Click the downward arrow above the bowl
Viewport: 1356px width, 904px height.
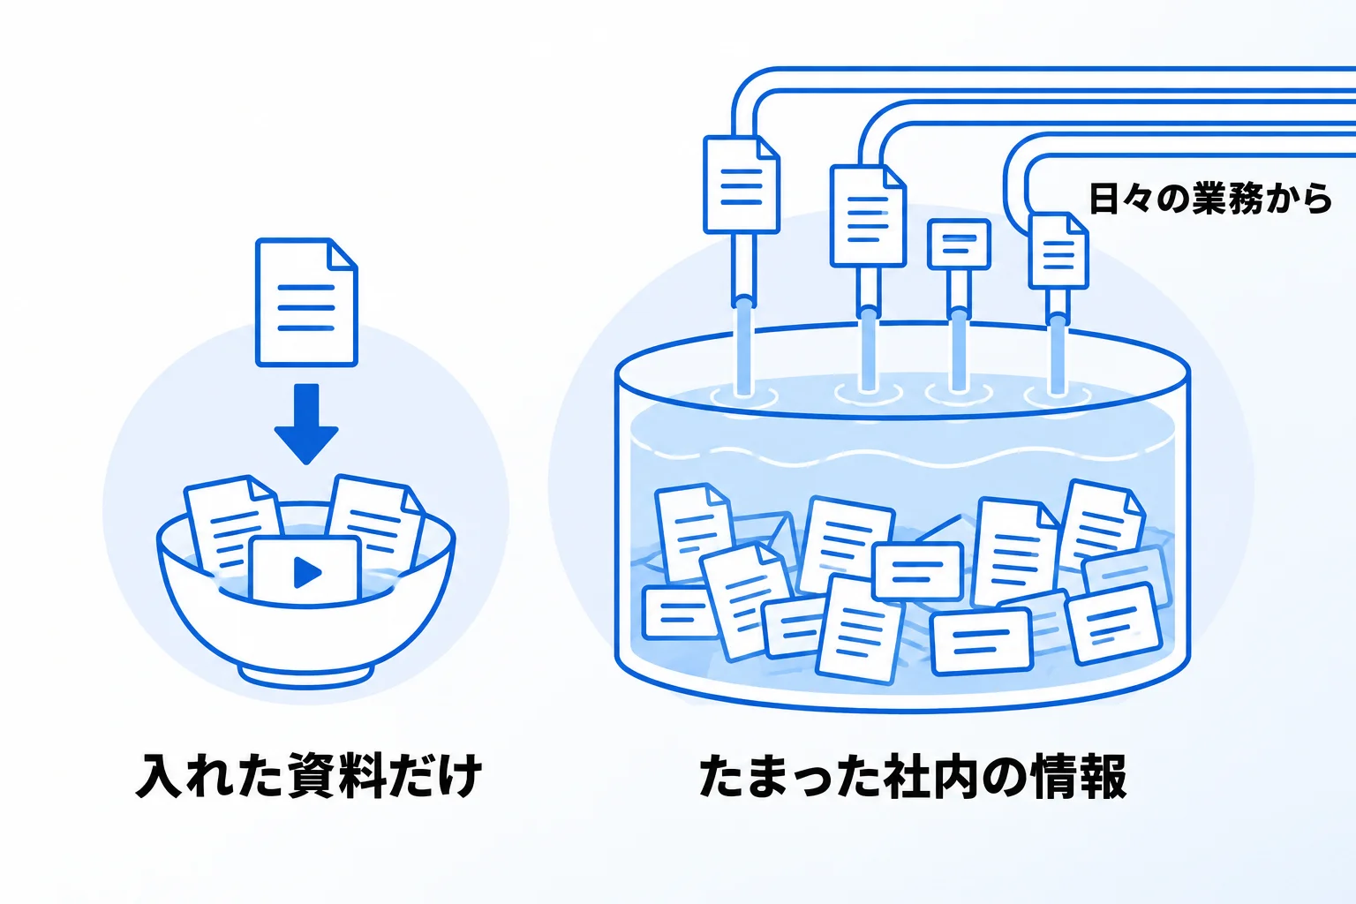tap(306, 424)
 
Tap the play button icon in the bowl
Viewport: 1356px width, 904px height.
tap(307, 572)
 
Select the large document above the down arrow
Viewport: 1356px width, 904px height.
tap(306, 302)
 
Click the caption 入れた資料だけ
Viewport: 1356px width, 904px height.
tap(309, 776)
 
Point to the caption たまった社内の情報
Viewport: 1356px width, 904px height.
tap(913, 776)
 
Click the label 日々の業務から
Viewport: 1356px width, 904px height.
tap(1210, 199)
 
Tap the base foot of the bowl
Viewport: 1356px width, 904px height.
tap(306, 676)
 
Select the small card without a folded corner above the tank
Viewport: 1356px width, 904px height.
tap(959, 244)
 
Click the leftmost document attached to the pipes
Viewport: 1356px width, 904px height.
tap(741, 185)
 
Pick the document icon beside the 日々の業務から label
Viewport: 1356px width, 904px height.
tap(1058, 250)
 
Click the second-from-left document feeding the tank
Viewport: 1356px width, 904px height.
tap(868, 215)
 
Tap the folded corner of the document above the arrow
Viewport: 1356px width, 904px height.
tap(342, 253)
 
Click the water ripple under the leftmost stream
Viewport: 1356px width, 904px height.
tap(744, 397)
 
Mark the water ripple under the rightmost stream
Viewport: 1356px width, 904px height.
tap(1058, 396)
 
